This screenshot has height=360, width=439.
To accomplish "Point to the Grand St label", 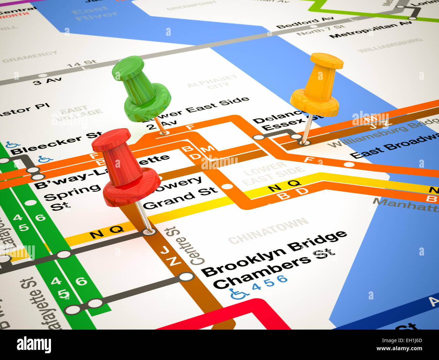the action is tap(181, 198).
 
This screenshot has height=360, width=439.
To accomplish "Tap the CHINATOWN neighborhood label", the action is tap(268, 231).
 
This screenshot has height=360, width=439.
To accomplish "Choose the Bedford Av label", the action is tap(305, 22).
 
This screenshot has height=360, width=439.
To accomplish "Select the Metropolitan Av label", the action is tap(370, 29).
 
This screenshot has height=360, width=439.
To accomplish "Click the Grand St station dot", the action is tap(228, 186).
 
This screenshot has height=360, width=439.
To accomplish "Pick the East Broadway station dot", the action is tap(350, 165).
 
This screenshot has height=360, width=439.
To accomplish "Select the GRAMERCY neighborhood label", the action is tap(30, 56).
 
